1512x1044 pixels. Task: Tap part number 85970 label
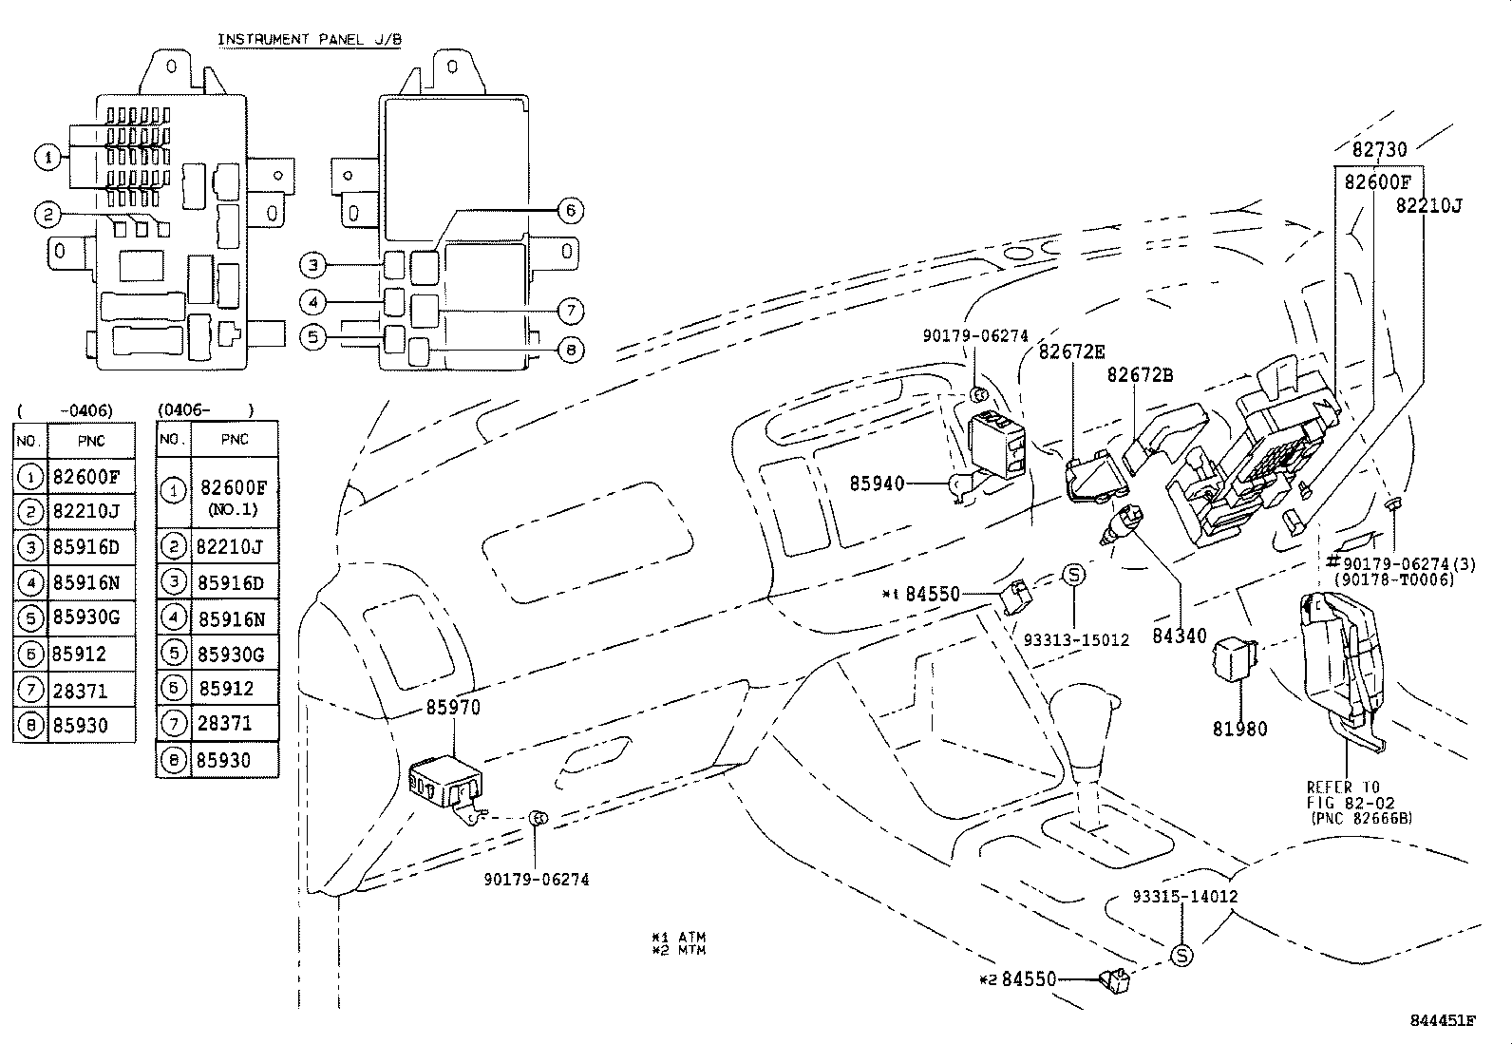click(x=453, y=708)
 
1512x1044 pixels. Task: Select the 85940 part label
click(x=878, y=484)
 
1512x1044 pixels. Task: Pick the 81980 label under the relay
click(x=1239, y=729)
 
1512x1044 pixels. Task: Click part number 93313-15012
click(x=1076, y=639)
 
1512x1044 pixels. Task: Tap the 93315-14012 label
click(x=1184, y=896)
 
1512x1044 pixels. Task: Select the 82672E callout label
click(x=1071, y=351)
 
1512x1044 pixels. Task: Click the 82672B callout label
click(x=1140, y=375)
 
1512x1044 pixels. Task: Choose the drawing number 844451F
click(x=1443, y=1021)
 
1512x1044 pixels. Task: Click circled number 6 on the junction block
click(x=570, y=210)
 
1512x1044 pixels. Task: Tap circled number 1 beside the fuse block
click(x=47, y=157)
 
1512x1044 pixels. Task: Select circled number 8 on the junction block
click(x=570, y=351)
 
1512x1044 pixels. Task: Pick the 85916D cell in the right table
click(x=231, y=583)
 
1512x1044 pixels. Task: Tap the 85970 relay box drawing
click(x=444, y=783)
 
